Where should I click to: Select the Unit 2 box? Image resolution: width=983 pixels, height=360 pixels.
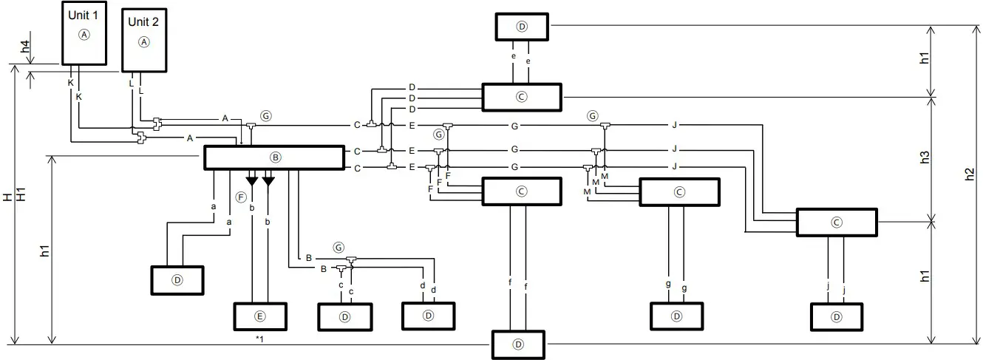pyautogui.click(x=143, y=41)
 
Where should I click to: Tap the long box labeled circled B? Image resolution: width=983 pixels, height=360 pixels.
pyautogui.click(x=273, y=157)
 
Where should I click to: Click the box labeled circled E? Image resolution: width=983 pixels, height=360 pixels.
pyautogui.click(x=259, y=316)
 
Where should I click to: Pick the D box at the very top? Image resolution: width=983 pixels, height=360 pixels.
pyautogui.click(x=521, y=27)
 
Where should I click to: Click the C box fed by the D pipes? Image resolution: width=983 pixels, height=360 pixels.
pyautogui.click(x=521, y=96)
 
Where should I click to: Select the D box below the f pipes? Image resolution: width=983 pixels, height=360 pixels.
pyautogui.click(x=518, y=344)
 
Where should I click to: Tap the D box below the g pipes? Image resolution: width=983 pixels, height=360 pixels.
pyautogui.click(x=676, y=316)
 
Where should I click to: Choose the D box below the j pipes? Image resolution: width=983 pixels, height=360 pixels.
pyautogui.click(x=836, y=317)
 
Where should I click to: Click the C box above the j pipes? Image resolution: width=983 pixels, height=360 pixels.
pyautogui.click(x=836, y=222)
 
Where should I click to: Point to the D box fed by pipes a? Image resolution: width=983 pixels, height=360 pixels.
pyautogui.click(x=177, y=279)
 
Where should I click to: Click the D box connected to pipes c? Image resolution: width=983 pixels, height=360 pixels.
pyautogui.click(x=344, y=316)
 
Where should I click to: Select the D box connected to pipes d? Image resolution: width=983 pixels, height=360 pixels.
pyautogui.click(x=428, y=316)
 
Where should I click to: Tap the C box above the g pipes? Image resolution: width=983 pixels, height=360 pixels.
pyautogui.click(x=679, y=191)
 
